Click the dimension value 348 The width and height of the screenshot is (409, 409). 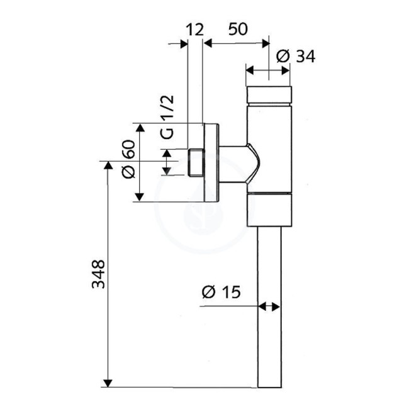click(98, 274)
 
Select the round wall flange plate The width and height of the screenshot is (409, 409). click(211, 162)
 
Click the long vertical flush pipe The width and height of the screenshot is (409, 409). click(269, 302)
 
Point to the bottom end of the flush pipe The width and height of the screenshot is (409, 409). click(269, 385)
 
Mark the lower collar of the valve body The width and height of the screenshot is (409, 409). click(269, 210)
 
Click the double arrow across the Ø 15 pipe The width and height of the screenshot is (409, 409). click(269, 307)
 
